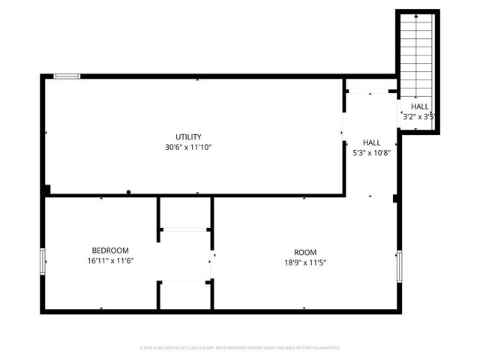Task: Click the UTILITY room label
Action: point(188,136)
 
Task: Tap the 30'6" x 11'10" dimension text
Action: point(188,147)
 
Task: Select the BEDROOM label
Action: point(110,250)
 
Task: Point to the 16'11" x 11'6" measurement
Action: point(110,261)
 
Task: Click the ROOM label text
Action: point(304,252)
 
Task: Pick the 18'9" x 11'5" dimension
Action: point(304,262)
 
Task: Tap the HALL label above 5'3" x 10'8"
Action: point(371,142)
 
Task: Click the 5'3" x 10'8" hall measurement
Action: point(371,152)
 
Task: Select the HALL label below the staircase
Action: point(419,106)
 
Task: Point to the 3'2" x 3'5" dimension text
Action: point(419,116)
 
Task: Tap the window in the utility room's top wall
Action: point(67,76)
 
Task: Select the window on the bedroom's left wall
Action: point(43,261)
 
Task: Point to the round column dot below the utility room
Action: point(129,192)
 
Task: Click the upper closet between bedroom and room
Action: point(185,213)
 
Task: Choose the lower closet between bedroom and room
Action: point(185,295)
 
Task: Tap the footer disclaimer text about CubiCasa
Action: point(240,348)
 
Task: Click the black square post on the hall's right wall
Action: point(394,199)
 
